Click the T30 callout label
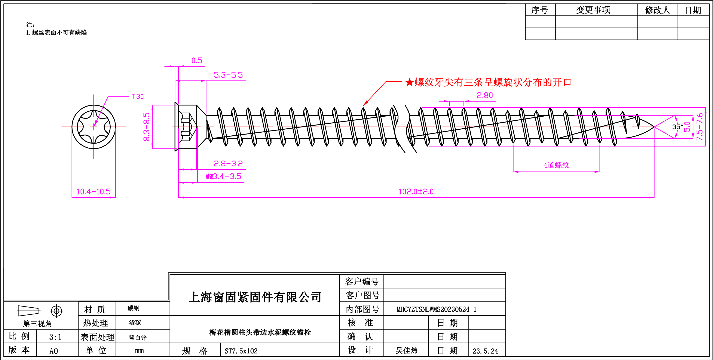coord(138,96)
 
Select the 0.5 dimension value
coord(197,60)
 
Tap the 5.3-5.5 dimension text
coord(228,75)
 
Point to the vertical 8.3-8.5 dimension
coord(146,127)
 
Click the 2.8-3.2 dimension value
coord(228,164)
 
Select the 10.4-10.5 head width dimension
coord(94,191)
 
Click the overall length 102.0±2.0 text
coord(416,191)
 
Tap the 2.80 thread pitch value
coord(485,95)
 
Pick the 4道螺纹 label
coord(556,165)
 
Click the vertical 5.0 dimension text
coord(687,127)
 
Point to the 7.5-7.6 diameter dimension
coord(700,127)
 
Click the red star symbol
coord(409,82)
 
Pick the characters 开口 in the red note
coord(562,82)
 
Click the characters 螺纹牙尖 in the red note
coord(434,82)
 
